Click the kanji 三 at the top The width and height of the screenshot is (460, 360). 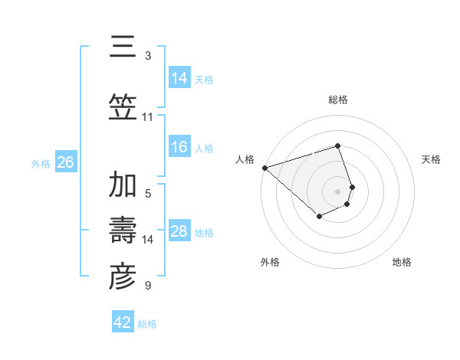click(x=123, y=47)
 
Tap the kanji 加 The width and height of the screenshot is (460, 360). click(x=123, y=185)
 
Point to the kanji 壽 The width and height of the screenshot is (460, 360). click(x=123, y=231)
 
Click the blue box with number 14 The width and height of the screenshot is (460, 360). click(x=179, y=77)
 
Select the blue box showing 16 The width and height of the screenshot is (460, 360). click(x=179, y=147)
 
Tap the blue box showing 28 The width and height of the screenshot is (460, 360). click(x=179, y=231)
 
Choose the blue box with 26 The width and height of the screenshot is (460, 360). click(x=65, y=162)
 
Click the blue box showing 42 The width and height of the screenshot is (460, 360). click(x=123, y=322)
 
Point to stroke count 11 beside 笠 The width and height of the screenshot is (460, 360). click(x=147, y=117)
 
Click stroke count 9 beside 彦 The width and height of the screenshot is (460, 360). click(x=147, y=286)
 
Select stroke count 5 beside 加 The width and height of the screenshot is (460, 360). click(x=147, y=193)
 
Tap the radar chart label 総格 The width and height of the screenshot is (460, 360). click(x=338, y=100)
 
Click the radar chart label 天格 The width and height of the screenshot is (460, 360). click(x=432, y=159)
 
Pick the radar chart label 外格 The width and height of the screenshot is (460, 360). click(x=270, y=262)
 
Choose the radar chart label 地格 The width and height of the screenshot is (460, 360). click(x=402, y=262)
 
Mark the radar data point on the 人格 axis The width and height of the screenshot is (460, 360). click(x=264, y=167)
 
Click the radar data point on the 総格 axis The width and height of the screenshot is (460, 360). click(x=338, y=146)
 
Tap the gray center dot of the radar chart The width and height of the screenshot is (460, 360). click(x=338, y=191)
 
